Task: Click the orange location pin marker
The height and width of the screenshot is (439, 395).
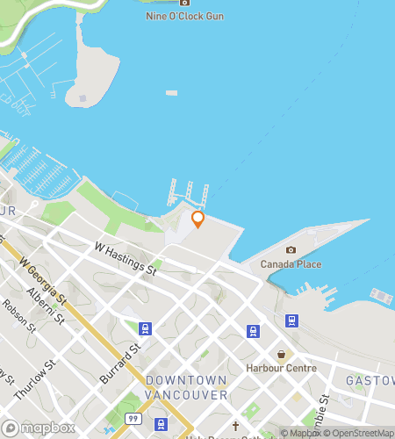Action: point(197,219)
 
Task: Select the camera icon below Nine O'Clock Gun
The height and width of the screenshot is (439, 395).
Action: point(184,2)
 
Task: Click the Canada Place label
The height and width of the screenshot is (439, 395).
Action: point(291,264)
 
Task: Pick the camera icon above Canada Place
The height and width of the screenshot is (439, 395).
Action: point(291,250)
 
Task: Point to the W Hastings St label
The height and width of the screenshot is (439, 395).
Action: point(126,261)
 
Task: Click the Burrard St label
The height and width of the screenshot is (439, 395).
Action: point(126,362)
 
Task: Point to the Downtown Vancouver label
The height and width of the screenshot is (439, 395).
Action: point(186,387)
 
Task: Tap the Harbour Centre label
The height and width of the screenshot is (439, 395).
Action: point(281,368)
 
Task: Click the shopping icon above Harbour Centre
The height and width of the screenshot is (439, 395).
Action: point(281,354)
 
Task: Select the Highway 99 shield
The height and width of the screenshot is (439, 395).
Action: point(132,419)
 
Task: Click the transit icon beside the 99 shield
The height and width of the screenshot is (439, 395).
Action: point(162,425)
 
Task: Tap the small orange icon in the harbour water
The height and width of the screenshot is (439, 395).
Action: point(172,92)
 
